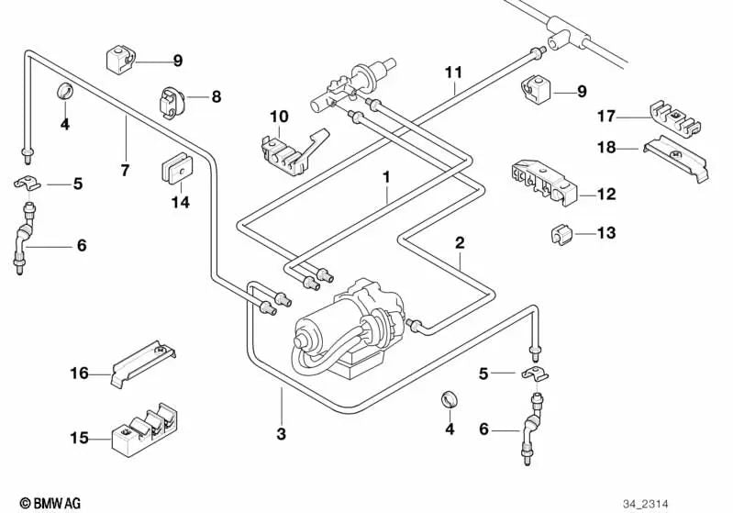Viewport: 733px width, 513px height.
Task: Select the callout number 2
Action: click(x=460, y=243)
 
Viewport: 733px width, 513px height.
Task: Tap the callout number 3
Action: click(x=282, y=432)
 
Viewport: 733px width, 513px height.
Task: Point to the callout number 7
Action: click(x=125, y=170)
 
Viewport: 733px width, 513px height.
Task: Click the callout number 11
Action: click(x=454, y=72)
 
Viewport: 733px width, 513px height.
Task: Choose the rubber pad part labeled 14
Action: click(x=179, y=169)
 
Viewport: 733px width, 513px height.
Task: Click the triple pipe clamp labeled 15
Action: click(x=146, y=429)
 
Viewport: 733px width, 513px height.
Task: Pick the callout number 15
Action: click(x=79, y=438)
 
